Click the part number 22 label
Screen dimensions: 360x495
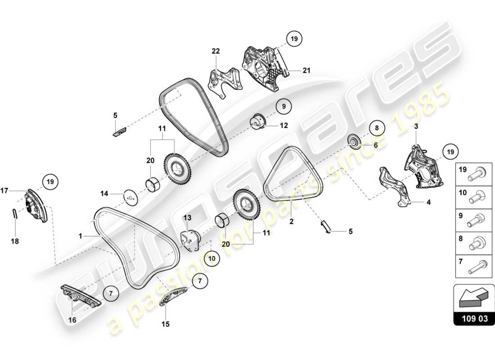216,51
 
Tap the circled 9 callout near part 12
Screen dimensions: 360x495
284,107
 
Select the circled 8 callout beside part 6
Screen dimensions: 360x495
378,128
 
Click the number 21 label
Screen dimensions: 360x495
306,70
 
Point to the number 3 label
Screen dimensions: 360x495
416,127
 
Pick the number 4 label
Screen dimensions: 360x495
428,202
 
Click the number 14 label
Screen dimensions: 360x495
104,193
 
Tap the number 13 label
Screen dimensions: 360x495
187,218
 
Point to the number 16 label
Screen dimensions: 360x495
72,320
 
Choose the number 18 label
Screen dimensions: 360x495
15,241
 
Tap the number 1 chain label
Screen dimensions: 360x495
80,235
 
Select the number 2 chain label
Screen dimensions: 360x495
291,221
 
